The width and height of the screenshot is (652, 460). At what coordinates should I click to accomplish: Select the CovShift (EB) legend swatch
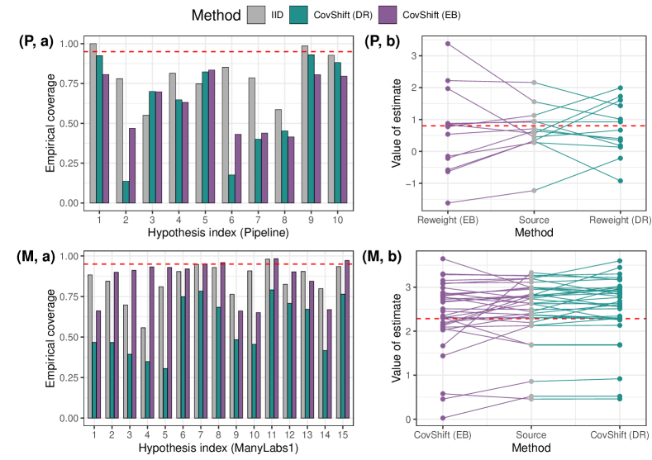[407, 15]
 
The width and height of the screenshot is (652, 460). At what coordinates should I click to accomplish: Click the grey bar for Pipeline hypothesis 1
[93, 123]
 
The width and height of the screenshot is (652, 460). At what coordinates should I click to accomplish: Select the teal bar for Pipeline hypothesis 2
[126, 192]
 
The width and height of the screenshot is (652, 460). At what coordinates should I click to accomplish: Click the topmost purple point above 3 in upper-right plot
[448, 43]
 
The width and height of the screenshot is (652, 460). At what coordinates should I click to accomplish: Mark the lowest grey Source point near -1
[534, 191]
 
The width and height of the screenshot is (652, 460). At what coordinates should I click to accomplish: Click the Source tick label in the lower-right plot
[534, 435]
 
